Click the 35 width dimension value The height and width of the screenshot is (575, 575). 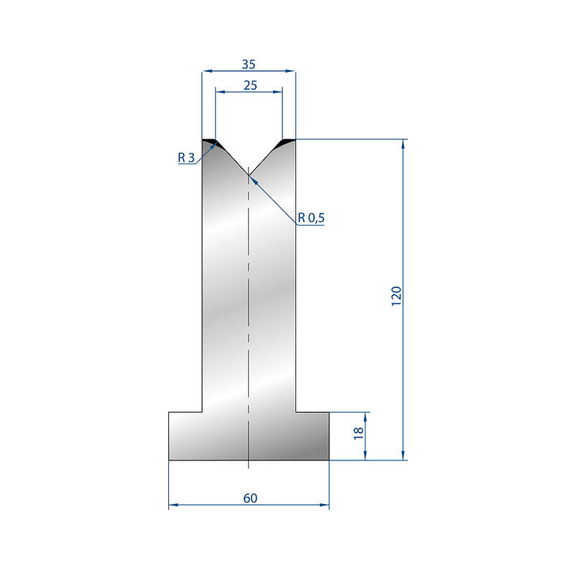(x=248, y=65)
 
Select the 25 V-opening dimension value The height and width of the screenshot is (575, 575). (x=250, y=86)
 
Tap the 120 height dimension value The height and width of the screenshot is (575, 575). (x=397, y=296)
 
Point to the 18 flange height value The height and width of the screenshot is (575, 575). (x=359, y=433)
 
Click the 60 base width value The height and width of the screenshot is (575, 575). (x=250, y=498)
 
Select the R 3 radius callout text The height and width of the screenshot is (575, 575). (x=186, y=157)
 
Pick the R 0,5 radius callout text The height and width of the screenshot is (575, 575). (x=311, y=218)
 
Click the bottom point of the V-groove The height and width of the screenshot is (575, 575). (x=249, y=175)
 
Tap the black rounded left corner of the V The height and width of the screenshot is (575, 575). (x=216, y=143)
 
